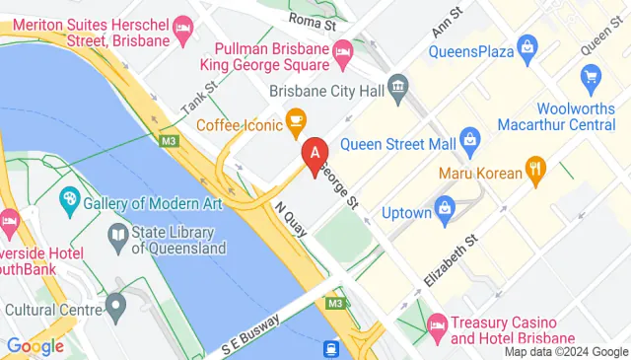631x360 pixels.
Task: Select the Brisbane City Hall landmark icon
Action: pyautogui.click(x=398, y=88)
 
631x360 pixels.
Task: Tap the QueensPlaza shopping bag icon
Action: pyautogui.click(x=528, y=45)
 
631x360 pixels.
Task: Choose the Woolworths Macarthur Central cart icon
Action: pyautogui.click(x=591, y=77)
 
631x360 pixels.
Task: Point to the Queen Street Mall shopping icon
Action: pyautogui.click(x=469, y=140)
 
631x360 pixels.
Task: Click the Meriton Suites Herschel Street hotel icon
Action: pyautogui.click(x=182, y=26)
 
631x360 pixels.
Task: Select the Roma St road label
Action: pyautogui.click(x=312, y=16)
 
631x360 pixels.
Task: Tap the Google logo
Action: pyautogui.click(x=35, y=346)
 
